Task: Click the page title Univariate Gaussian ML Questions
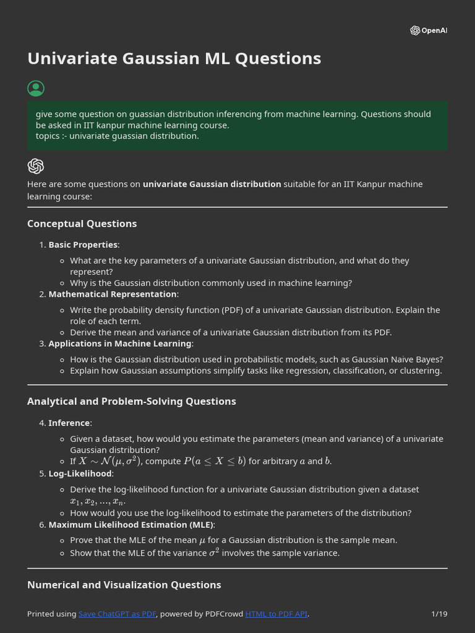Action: (x=174, y=58)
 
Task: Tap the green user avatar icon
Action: (x=36, y=88)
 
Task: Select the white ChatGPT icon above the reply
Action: (x=36, y=166)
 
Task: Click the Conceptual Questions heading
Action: (x=82, y=224)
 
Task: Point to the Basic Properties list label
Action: (x=83, y=245)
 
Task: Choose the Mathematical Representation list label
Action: (x=112, y=294)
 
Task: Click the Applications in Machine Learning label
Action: (x=120, y=344)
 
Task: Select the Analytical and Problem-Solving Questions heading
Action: (x=131, y=401)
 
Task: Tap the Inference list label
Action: (x=69, y=423)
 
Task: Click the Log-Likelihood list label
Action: (x=80, y=474)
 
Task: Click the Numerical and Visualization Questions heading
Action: (x=124, y=585)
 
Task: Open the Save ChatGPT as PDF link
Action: (x=117, y=614)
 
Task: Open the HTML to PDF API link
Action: (x=276, y=614)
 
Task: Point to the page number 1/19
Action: (x=439, y=614)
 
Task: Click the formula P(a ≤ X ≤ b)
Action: (x=215, y=461)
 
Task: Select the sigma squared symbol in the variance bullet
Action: (x=213, y=552)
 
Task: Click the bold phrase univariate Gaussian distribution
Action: (x=212, y=184)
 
